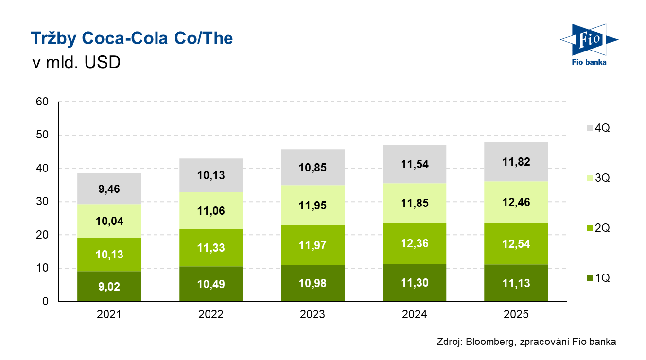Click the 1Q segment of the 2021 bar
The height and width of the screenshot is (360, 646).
[x=109, y=286]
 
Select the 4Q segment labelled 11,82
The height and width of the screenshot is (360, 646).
[x=516, y=162]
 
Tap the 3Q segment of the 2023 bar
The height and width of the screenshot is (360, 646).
[x=313, y=205]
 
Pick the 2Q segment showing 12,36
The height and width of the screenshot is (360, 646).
[x=414, y=243]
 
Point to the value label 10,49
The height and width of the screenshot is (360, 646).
[x=210, y=285]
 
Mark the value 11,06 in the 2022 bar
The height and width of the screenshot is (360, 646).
[x=210, y=211]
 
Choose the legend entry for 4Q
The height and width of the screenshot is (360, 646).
[x=597, y=128]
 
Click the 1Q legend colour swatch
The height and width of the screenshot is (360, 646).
[x=590, y=278]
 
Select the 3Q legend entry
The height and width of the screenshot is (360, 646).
[x=597, y=178]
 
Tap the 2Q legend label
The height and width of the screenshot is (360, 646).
[x=602, y=228]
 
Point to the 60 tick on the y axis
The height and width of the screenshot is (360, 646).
[x=42, y=102]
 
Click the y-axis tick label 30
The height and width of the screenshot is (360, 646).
[x=42, y=202]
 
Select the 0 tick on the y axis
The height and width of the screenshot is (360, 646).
[x=45, y=301]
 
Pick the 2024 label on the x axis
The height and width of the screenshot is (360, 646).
[x=414, y=314]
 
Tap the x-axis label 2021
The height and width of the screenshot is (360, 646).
[x=109, y=314]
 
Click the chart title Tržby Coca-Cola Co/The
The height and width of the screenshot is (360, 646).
[x=132, y=38]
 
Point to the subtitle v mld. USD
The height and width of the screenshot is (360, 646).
[x=75, y=63]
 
